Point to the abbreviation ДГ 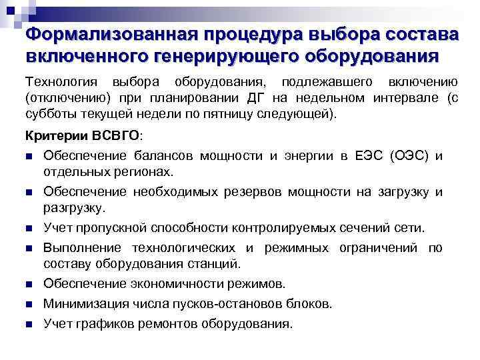pos(256,98)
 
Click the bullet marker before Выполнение pos(29,248)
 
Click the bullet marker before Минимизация pos(29,305)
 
